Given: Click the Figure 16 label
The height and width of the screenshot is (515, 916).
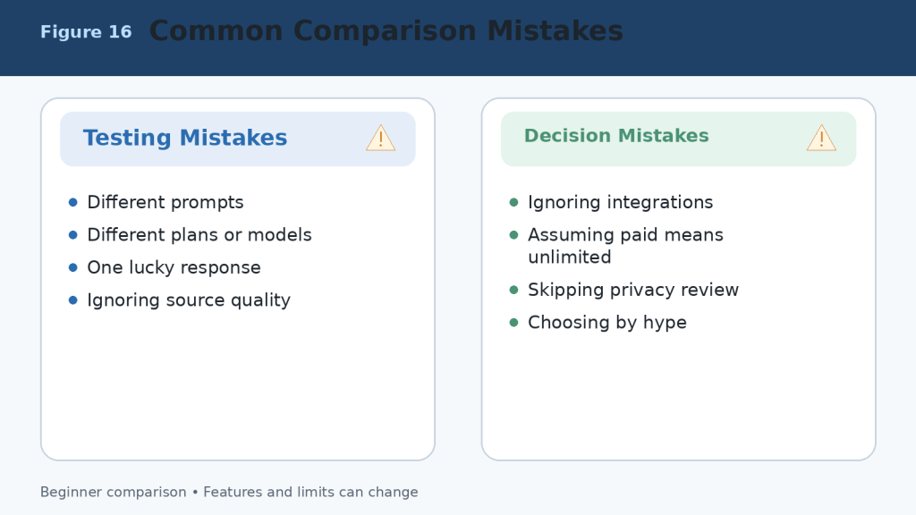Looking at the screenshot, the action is click(86, 31).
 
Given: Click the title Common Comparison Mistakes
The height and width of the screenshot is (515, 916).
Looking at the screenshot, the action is click(386, 31).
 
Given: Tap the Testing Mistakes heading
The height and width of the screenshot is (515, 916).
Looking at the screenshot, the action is click(185, 138).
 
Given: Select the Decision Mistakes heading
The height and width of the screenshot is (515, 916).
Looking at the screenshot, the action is click(616, 136).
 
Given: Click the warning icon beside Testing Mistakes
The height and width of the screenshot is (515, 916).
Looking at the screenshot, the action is click(381, 139).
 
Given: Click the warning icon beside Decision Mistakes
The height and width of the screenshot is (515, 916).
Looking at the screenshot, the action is click(821, 139).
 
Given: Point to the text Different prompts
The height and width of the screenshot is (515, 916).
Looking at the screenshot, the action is click(165, 203).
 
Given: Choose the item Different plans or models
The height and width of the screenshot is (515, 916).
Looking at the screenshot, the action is click(199, 235).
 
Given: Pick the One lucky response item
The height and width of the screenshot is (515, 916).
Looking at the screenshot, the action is click(174, 268).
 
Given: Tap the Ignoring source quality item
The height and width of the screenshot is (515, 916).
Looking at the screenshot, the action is click(189, 300).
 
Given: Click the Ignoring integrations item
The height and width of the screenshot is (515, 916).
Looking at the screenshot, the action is click(621, 203).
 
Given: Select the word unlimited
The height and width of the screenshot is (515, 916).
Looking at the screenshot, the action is click(570, 257).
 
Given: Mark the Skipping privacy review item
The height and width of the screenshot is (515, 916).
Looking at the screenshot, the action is click(633, 291).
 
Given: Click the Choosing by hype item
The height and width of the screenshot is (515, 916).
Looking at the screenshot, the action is click(607, 323).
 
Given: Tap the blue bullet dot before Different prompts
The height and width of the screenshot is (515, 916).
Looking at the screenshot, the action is click(73, 203).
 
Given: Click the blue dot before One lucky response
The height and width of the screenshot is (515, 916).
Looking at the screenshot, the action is click(73, 268).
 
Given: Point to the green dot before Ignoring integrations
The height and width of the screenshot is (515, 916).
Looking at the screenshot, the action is click(514, 203).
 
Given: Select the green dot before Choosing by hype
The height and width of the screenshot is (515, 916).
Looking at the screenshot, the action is click(514, 323).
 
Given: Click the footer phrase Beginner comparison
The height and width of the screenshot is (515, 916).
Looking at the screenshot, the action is click(114, 493).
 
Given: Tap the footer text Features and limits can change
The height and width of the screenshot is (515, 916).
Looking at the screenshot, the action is click(310, 493).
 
